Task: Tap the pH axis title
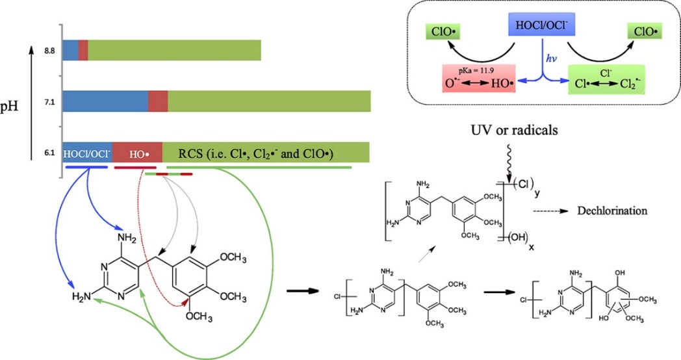tap(16, 105)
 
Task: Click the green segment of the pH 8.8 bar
tap(174, 50)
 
